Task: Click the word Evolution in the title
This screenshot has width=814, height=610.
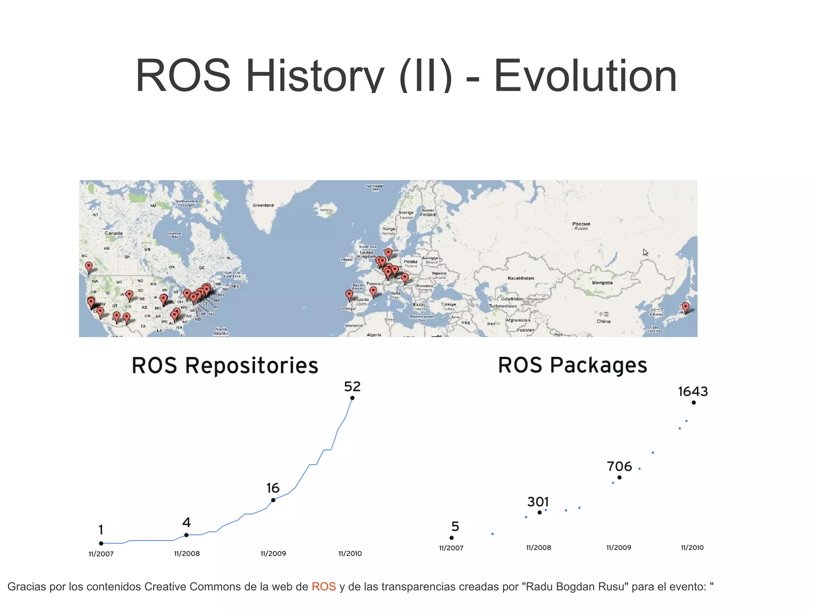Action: click(x=585, y=76)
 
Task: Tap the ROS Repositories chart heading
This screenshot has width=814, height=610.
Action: click(x=225, y=365)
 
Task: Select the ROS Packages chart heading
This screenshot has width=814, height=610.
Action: click(x=572, y=365)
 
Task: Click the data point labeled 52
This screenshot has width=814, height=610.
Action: click(x=352, y=398)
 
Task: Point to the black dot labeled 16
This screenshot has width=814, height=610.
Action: click(x=273, y=500)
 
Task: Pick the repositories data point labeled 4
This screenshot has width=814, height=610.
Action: click(x=186, y=535)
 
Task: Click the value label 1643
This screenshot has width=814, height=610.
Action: click(x=693, y=391)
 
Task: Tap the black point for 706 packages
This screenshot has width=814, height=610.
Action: click(x=619, y=477)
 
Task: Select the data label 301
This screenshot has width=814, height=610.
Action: click(x=538, y=502)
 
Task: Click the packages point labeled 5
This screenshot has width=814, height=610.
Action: click(x=452, y=538)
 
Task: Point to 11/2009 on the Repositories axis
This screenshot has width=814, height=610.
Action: click(x=273, y=554)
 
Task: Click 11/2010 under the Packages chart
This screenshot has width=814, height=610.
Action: click(x=692, y=548)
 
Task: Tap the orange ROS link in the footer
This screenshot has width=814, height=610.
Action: click(x=324, y=587)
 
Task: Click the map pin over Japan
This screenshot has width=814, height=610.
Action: click(x=686, y=306)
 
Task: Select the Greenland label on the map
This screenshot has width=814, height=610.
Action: click(x=263, y=205)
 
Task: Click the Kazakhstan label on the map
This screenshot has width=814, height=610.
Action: click(x=521, y=278)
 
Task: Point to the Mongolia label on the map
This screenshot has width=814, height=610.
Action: click(x=602, y=283)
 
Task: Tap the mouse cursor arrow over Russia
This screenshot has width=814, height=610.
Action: click(x=645, y=252)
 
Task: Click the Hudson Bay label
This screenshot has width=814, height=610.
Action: click(x=175, y=235)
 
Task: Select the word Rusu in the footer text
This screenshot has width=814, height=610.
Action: click(x=612, y=587)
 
